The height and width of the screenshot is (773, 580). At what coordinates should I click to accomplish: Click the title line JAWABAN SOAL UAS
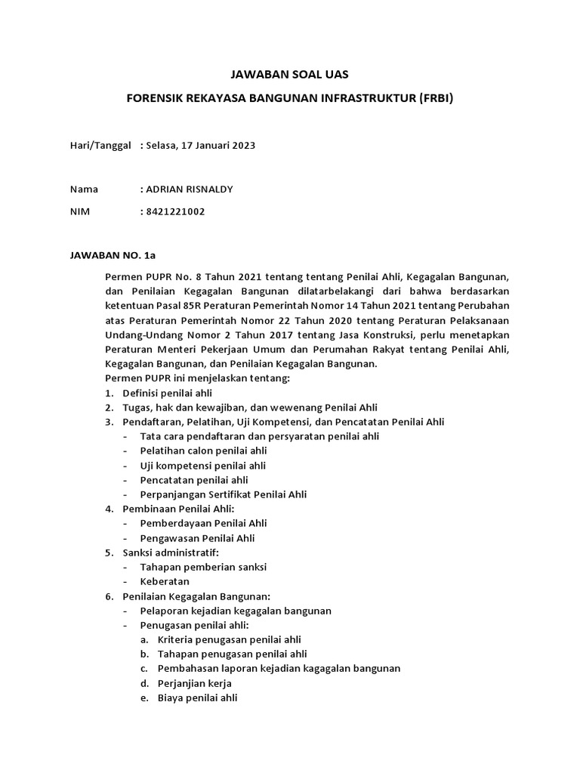coord(290,74)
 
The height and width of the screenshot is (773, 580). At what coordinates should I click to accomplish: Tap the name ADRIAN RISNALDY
coord(189,189)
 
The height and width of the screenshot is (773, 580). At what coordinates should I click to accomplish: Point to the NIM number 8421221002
coord(174,211)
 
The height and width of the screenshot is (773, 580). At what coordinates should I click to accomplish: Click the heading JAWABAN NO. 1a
coord(112,255)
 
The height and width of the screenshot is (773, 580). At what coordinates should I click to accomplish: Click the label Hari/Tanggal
coord(100,145)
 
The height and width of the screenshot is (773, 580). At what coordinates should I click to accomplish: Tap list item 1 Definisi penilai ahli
coord(167,393)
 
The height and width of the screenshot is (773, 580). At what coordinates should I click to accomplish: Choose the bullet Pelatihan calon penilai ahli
coord(198,451)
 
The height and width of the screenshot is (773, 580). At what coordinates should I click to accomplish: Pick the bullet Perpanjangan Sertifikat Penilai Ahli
coord(224,494)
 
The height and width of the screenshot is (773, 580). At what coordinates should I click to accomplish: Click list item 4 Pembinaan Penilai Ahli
coord(178,509)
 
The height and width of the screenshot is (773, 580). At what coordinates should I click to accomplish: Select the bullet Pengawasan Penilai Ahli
coord(197,538)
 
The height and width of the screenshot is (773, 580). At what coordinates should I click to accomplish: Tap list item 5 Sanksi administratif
coord(170,553)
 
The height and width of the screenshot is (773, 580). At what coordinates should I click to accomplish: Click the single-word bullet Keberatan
coord(165,581)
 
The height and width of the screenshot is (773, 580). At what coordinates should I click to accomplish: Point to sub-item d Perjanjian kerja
coord(194,683)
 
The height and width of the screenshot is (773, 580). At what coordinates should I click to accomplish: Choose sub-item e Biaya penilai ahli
coord(197,698)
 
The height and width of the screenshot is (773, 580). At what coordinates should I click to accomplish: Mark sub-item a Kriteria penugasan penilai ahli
coord(229,639)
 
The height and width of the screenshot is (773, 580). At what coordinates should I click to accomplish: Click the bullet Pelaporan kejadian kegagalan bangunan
coord(236,611)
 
